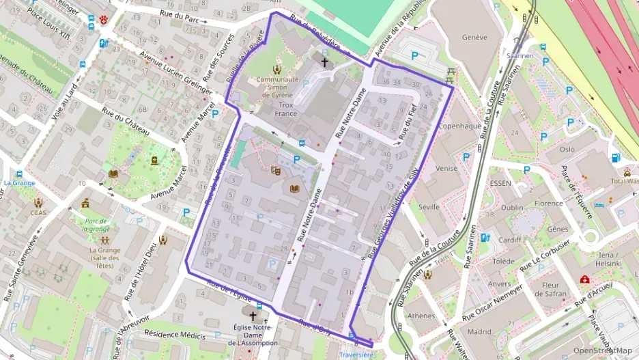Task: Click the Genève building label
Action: tap(474, 38)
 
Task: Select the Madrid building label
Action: tap(479, 332)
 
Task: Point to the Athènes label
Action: tap(421, 316)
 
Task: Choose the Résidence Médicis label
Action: tap(175, 335)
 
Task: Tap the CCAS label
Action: tap(38, 212)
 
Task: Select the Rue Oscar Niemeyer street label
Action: tap(492, 303)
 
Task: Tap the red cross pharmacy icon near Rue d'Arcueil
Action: tap(585, 279)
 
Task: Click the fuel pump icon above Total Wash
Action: tap(616, 158)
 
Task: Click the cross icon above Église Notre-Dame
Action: tap(253, 317)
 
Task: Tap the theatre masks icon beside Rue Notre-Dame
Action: tap(276, 171)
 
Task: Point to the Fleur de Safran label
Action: tap(550, 289)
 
